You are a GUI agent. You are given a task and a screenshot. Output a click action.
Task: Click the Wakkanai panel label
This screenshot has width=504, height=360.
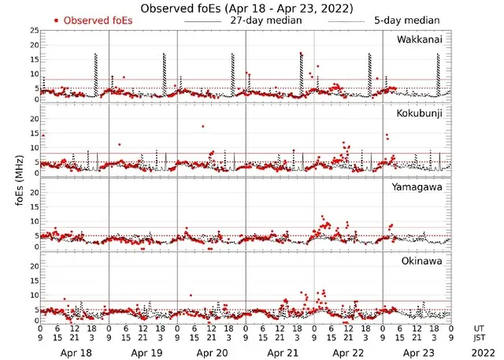[420, 39]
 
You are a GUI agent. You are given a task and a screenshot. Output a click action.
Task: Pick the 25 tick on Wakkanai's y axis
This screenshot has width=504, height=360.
[33, 31]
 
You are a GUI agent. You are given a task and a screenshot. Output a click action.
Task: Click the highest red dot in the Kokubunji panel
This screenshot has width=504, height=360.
[202, 126]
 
